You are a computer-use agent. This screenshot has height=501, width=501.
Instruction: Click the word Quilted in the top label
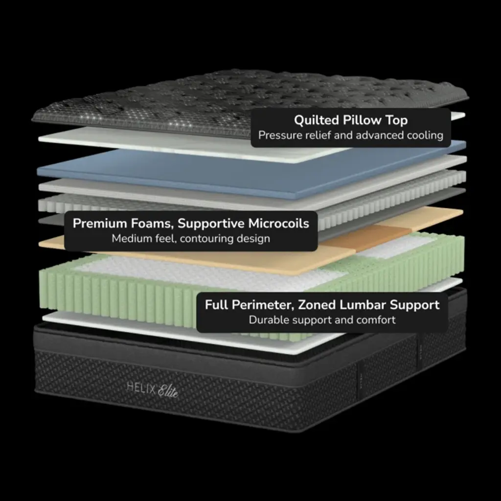(x=317, y=120)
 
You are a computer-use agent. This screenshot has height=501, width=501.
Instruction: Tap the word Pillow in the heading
(x=363, y=120)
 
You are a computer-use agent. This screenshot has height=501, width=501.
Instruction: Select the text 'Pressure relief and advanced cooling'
(x=350, y=135)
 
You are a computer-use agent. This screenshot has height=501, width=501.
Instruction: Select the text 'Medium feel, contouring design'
(x=191, y=238)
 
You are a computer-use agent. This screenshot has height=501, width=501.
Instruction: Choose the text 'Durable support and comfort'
(x=322, y=320)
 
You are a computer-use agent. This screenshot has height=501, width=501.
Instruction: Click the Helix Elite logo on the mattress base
(x=153, y=390)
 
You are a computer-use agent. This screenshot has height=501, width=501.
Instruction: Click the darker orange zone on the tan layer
(x=367, y=238)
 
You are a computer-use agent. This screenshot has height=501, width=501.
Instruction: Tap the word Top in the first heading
(x=396, y=120)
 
